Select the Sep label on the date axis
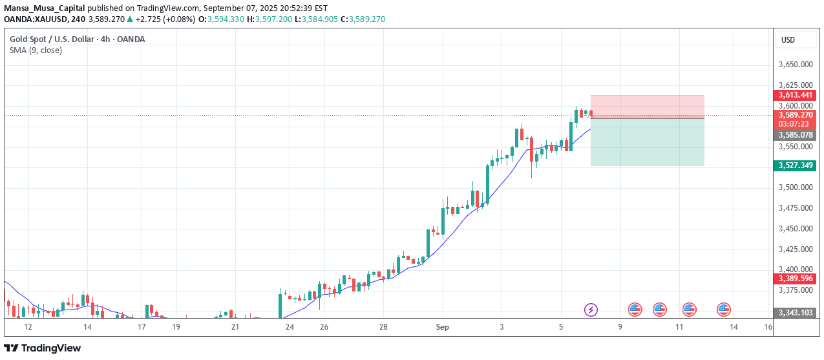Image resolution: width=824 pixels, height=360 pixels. point(442,328)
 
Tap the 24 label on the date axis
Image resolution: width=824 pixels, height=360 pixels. point(289,328)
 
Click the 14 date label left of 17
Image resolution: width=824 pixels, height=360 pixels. point(87,328)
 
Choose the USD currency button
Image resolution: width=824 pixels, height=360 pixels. point(788,40)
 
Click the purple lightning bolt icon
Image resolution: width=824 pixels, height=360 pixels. point(591,310)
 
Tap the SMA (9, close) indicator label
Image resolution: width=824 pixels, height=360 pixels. point(36,50)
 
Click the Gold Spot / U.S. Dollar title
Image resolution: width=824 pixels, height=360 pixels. point(77,39)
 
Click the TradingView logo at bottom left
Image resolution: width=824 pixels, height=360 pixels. point(43,348)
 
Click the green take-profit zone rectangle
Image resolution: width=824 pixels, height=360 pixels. point(647,142)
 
